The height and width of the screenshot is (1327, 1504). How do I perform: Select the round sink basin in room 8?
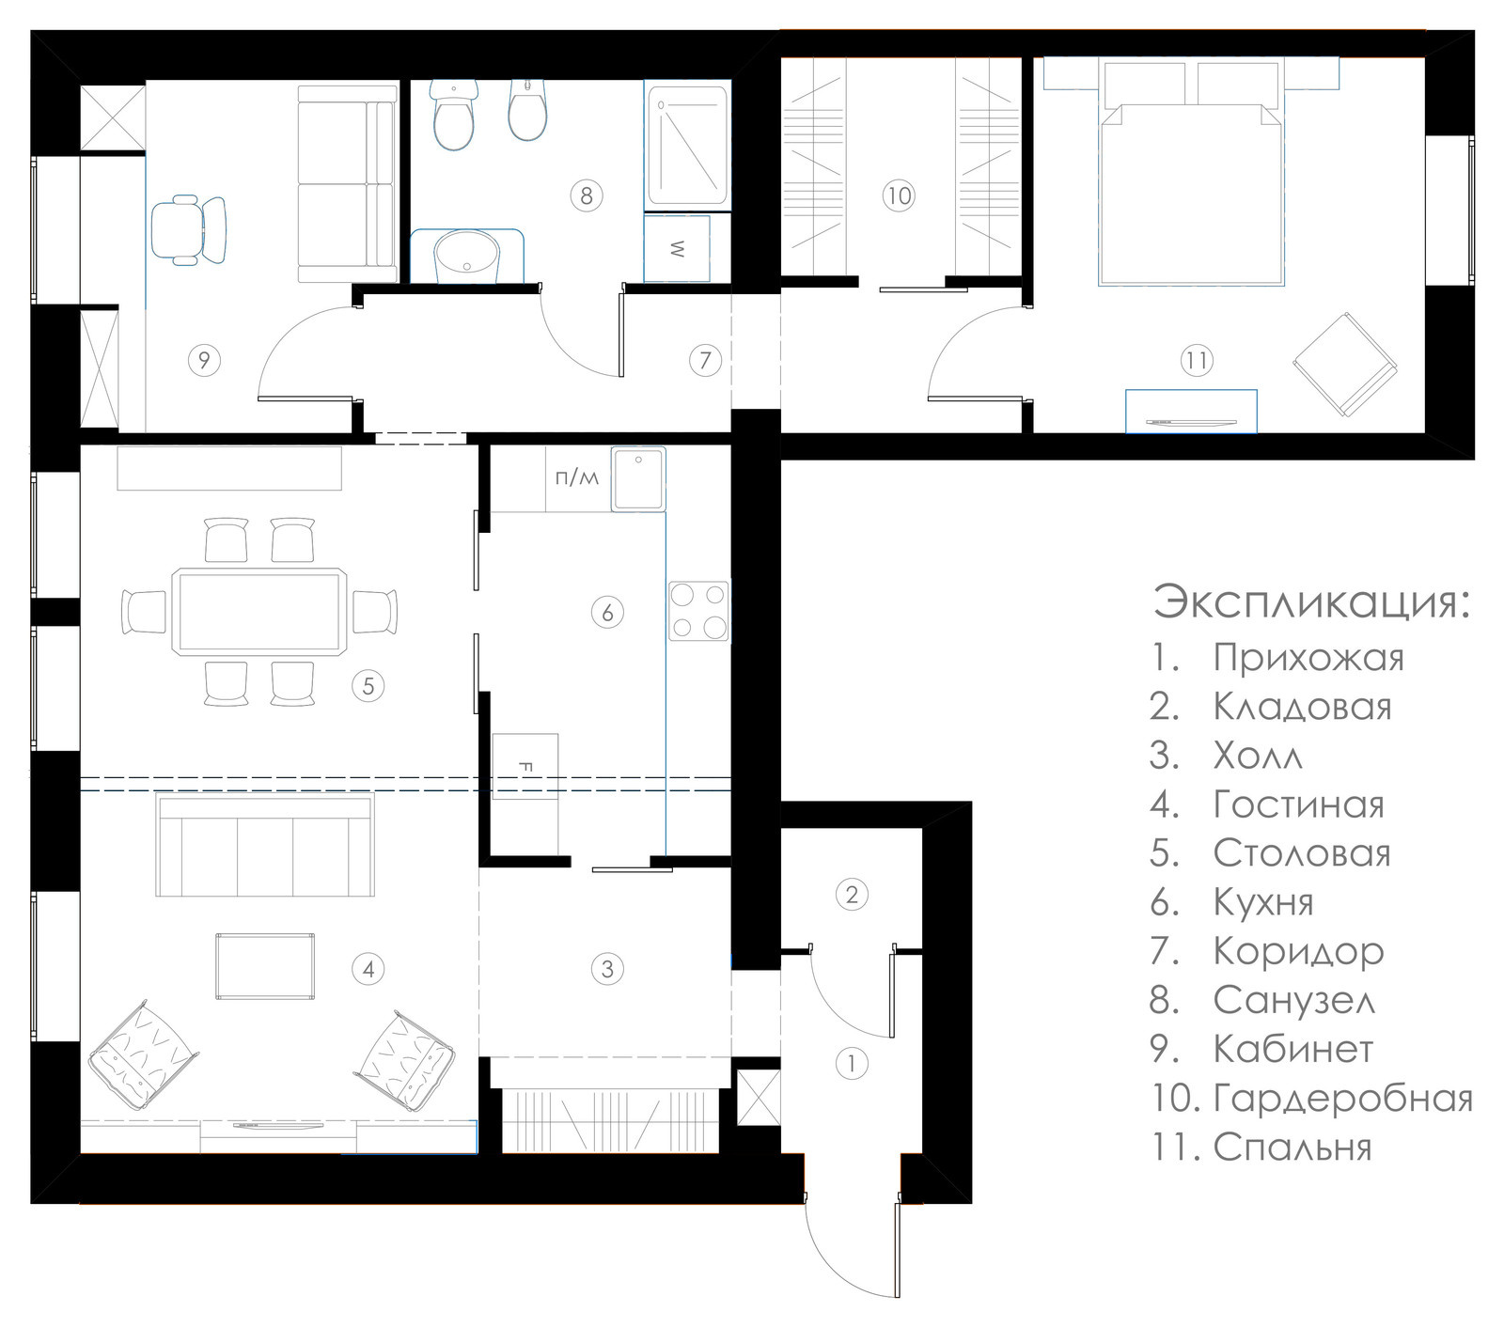(x=467, y=255)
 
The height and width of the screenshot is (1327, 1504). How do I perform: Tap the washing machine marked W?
(x=677, y=248)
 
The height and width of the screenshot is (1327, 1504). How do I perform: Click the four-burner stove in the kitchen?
(x=698, y=611)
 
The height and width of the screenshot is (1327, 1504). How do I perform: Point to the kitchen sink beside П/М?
(x=638, y=479)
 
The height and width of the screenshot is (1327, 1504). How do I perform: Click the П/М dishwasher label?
(x=576, y=478)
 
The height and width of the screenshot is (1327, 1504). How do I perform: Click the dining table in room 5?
(x=258, y=611)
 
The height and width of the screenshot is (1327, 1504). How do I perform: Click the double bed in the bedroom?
(x=1191, y=174)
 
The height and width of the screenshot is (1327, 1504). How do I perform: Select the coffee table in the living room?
(x=265, y=967)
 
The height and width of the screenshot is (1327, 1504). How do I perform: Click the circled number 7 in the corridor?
(x=705, y=359)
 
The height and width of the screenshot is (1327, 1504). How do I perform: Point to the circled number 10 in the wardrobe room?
(x=899, y=195)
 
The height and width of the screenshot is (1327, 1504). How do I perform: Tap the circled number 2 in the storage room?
(x=852, y=894)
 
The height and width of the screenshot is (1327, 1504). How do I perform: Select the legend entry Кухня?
(x=1263, y=902)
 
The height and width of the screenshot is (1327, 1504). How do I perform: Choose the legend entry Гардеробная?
(x=1343, y=1098)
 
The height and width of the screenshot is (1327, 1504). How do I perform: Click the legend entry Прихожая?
(x=1308, y=658)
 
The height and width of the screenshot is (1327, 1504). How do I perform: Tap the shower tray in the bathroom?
(x=688, y=147)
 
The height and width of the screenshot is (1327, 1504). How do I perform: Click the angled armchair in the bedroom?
(x=1344, y=365)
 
